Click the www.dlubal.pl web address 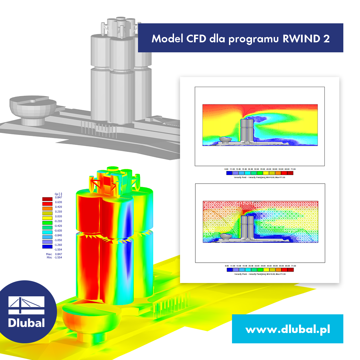click(288, 329)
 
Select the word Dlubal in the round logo click(26, 322)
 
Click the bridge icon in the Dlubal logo click(26, 305)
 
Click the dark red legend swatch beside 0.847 click(47, 199)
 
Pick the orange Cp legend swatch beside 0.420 click(47, 208)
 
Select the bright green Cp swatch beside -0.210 click(47, 223)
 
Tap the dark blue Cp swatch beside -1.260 click(47, 247)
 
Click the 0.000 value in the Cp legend click(58, 216)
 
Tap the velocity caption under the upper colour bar click(259, 177)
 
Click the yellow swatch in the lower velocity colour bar click(266, 270)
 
